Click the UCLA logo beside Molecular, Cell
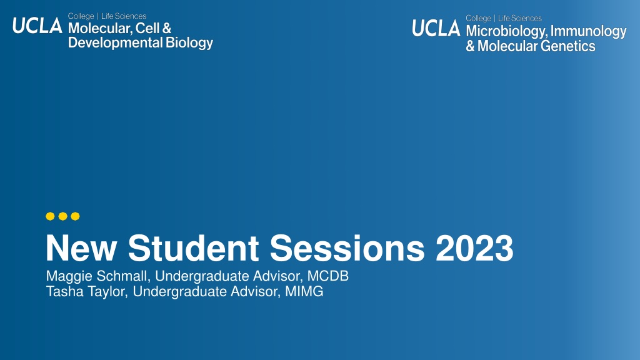[x=37, y=26]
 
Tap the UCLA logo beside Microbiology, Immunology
[x=436, y=28]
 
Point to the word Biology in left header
[x=189, y=43]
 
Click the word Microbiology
[x=506, y=31]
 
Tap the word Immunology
[x=588, y=31]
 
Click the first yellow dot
[x=50, y=216]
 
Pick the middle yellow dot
[x=63, y=216]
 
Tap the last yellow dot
[x=76, y=216]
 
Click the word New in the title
[x=81, y=248]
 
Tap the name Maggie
[x=69, y=276]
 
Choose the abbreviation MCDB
[x=327, y=276]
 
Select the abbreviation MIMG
[x=304, y=291]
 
